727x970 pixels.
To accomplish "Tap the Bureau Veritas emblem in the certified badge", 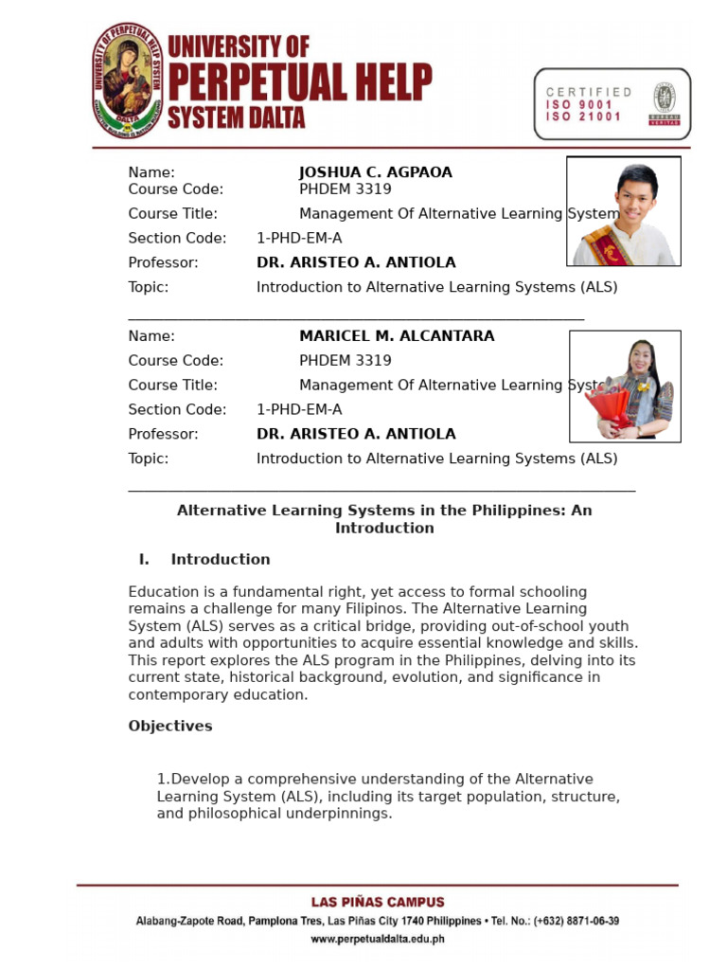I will coord(664,102).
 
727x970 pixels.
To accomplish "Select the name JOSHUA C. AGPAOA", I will coord(375,172).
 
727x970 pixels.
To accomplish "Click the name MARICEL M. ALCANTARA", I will coord(397,336).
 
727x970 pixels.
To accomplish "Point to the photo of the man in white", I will coord(624,211).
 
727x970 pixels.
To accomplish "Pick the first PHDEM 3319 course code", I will coord(345,189).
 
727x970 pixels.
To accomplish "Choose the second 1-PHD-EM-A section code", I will coord(299,410).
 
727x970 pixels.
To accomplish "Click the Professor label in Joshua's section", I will coord(163,262).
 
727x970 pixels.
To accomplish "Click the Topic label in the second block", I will coord(149,459).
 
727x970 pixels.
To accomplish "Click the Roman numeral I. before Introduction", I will coord(145,560).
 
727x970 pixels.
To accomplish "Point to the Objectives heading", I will coord(170,727).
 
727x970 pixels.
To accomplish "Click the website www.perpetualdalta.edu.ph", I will coord(378,940).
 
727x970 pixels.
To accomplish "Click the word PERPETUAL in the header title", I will coord(299,84).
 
